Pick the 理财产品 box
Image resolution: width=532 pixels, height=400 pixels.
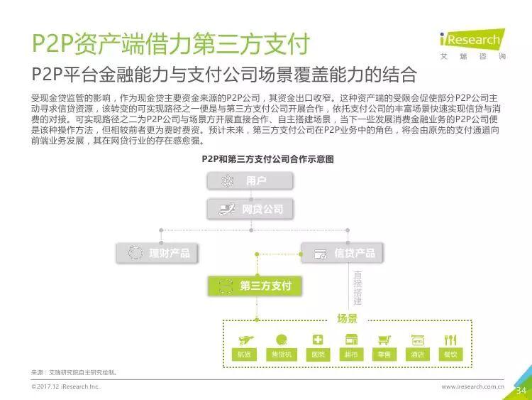(x=157, y=252)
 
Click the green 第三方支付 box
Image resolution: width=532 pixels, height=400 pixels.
(x=253, y=286)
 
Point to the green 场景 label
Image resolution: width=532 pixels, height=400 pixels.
(x=347, y=318)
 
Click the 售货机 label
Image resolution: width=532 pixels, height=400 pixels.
(x=281, y=355)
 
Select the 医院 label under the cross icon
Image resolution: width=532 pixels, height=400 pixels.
(x=317, y=355)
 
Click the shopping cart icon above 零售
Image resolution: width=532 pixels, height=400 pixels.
(x=384, y=340)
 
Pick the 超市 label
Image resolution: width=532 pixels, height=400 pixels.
(x=350, y=355)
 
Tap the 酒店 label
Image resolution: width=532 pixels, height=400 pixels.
(x=417, y=355)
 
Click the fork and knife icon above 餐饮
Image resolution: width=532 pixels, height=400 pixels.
(x=450, y=340)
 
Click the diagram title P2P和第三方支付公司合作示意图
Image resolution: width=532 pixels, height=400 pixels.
(x=267, y=159)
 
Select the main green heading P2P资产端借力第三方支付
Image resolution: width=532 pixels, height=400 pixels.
(x=170, y=44)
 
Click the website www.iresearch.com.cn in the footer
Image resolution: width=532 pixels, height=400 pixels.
(x=472, y=387)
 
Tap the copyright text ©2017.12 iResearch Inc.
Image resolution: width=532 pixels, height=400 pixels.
(x=66, y=387)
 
